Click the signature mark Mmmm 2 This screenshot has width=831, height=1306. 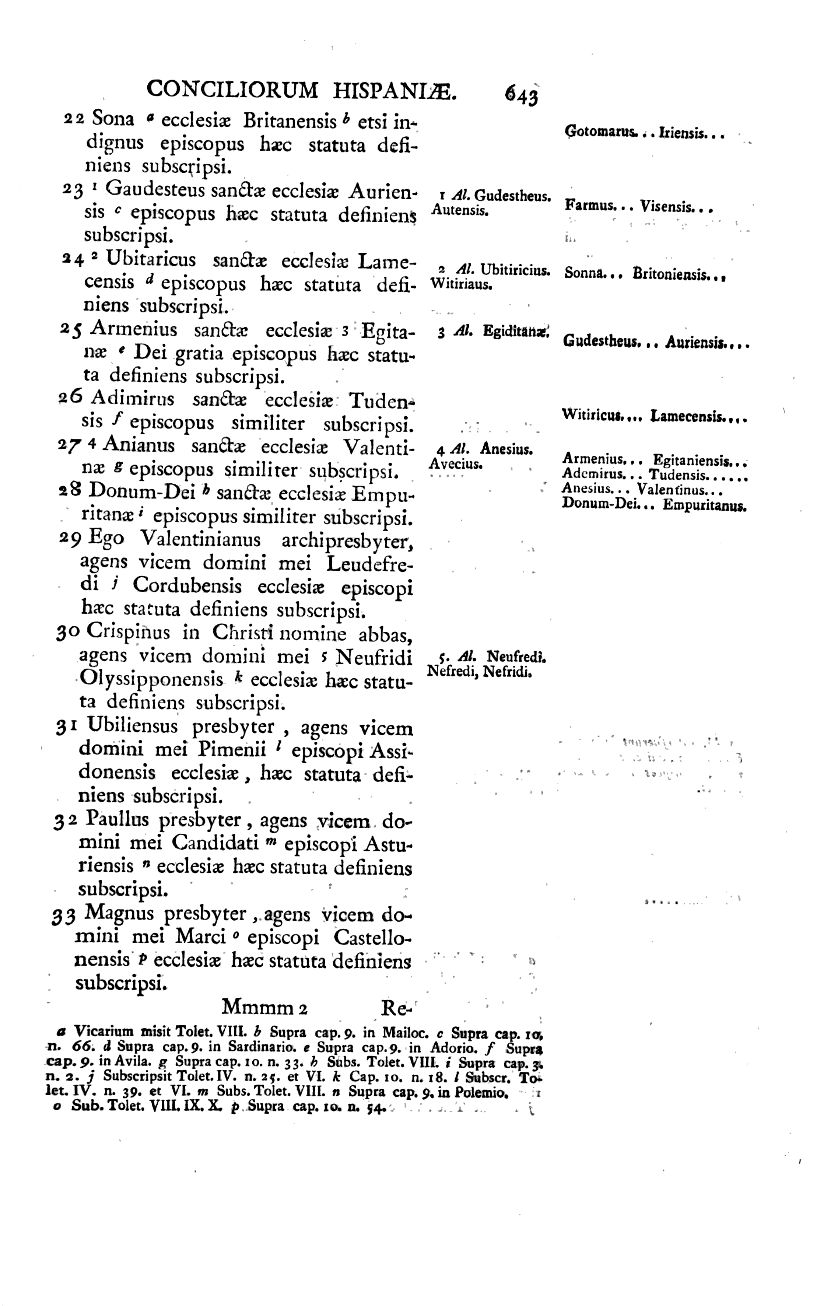pos(265,1008)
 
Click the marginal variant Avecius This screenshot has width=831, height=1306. pos(455,464)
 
